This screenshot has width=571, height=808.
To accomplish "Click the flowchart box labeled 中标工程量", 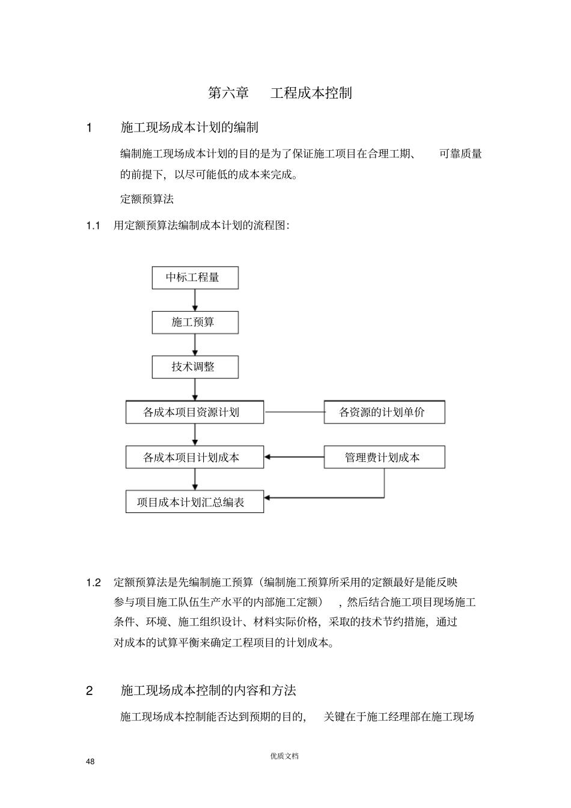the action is click(x=195, y=278).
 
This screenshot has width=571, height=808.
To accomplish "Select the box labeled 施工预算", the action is click(x=195, y=323).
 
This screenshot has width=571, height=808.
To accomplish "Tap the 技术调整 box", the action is click(x=195, y=367).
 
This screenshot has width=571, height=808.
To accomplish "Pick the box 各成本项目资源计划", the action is click(x=195, y=412).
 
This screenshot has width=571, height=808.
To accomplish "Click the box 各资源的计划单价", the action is click(x=384, y=412).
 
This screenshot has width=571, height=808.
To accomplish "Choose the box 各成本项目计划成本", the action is click(x=195, y=457).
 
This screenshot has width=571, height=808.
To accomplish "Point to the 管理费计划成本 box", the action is click(x=384, y=457).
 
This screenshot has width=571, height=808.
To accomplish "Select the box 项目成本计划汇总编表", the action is click(x=195, y=502).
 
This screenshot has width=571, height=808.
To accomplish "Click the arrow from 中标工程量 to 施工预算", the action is click(x=195, y=300).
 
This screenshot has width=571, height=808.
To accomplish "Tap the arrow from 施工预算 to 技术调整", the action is click(x=195, y=345).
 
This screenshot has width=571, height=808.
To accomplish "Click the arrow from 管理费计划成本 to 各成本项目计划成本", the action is click(x=294, y=457).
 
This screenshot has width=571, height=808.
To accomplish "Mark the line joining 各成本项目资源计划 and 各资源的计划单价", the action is click(x=294, y=412).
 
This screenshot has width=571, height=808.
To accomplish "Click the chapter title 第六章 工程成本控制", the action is click(x=280, y=93).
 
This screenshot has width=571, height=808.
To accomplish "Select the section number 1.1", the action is click(x=93, y=226).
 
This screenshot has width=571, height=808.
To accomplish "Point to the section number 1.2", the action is click(x=93, y=582).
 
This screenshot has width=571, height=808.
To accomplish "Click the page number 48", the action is click(x=90, y=762).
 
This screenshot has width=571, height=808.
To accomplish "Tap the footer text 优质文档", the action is click(x=284, y=756).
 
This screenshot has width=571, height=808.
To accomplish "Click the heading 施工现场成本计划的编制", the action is click(x=189, y=127).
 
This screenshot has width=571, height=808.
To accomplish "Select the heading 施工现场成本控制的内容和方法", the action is click(x=208, y=691).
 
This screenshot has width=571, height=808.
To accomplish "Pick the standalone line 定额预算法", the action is click(x=147, y=199).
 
